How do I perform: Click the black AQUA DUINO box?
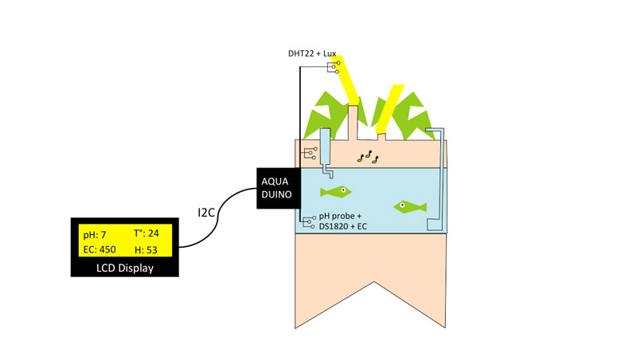coord(279,188)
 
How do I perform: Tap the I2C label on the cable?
coord(206,213)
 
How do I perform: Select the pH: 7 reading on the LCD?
coord(95,235)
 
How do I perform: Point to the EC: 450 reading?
coord(100,249)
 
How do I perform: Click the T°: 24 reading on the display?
coord(147,233)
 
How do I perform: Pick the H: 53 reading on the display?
coord(146,250)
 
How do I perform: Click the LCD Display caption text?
coord(125,268)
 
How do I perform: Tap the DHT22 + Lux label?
coord(312,53)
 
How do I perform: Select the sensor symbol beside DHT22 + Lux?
coord(334,68)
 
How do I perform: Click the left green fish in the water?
coord(335,192)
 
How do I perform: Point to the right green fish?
coord(410,207)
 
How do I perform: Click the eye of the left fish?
coord(343,190)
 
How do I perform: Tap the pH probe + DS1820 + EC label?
coord(342,221)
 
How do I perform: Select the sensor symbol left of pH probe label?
coord(309,222)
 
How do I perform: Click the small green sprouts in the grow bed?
coord(368,157)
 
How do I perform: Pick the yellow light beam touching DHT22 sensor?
coord(346,79)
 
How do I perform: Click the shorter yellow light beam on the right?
coord(389,108)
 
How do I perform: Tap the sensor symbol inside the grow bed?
coord(311,153)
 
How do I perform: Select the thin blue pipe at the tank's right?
coord(442,178)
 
